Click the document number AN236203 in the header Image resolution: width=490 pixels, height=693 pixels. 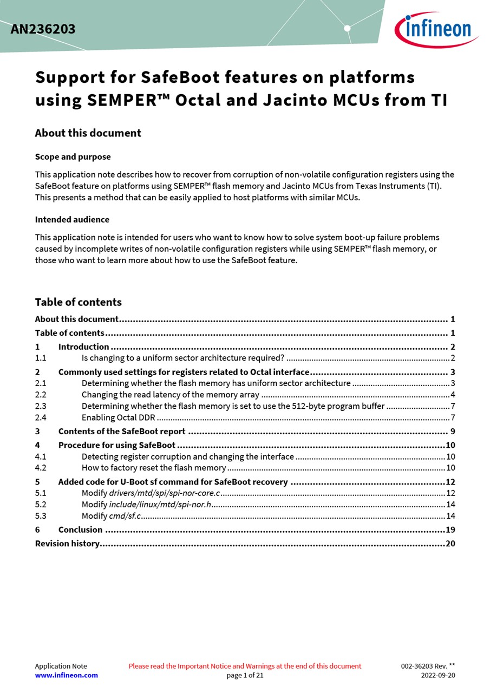tap(43, 29)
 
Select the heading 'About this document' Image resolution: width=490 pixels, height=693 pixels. tap(88, 133)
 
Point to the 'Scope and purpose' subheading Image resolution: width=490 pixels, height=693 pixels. tap(73, 157)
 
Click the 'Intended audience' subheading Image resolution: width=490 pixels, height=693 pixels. tap(72, 220)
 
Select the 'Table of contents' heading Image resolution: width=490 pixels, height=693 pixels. tap(78, 302)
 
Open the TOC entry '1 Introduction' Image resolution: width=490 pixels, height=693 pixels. tap(83, 347)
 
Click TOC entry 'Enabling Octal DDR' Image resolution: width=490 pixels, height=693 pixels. tap(118, 417)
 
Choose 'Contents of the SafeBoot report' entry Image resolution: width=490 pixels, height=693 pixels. tap(122, 432)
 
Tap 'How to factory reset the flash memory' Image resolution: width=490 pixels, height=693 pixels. tap(154, 468)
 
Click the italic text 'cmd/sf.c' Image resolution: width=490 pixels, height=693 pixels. tap(125, 516)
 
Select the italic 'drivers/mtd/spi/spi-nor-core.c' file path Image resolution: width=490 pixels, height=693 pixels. tap(165, 493)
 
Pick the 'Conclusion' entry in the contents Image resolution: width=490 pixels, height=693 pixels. tap(80, 530)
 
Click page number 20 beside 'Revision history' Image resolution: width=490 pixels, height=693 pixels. tap(450, 544)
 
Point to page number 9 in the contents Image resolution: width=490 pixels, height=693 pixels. tap(452, 432)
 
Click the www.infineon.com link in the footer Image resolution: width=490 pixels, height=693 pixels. tap(67, 675)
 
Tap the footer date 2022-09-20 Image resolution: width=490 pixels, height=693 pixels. tap(438, 675)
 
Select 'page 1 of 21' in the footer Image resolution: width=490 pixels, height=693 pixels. tap(245, 675)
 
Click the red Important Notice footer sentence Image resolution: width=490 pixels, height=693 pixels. tap(245, 666)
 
